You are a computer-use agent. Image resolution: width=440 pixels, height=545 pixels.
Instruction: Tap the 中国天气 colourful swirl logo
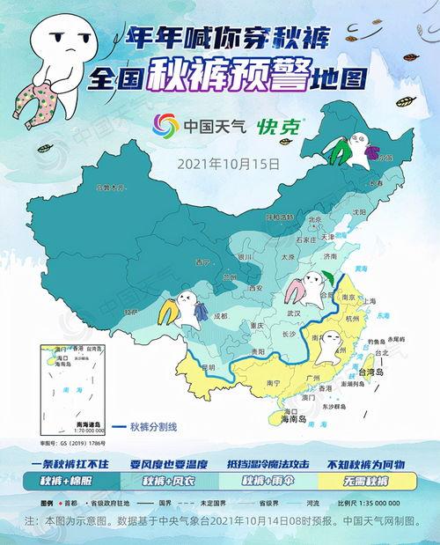(166, 125)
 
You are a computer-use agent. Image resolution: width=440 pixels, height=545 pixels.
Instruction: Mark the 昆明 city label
(208, 365)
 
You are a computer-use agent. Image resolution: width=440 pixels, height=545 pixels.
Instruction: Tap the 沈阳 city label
(357, 212)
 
